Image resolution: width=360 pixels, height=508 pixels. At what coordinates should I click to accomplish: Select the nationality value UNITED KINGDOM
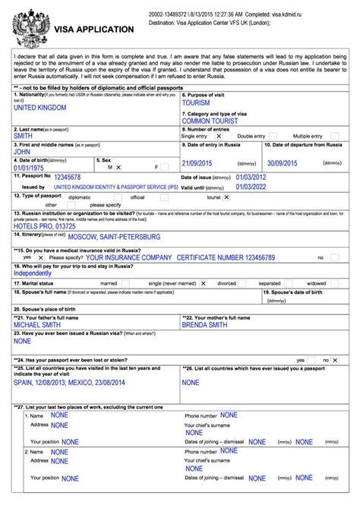pos(40,109)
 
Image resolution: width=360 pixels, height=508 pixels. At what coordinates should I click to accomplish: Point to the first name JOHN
pos(23,152)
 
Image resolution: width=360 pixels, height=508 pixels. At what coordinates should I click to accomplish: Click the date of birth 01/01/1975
pos(33,167)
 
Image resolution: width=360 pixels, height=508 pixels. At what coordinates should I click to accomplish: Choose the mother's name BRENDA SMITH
pos(204,324)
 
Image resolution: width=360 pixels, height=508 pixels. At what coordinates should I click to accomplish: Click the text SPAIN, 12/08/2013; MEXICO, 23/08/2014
pos(83,383)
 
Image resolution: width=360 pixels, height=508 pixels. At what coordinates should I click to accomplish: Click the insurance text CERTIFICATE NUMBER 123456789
pos(226,258)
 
